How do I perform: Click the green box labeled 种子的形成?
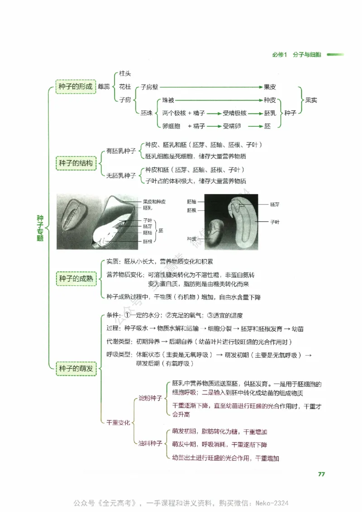(x=76, y=86)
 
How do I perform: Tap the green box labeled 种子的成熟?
(x=76, y=279)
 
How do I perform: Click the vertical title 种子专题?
(x=40, y=228)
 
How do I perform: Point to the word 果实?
(x=311, y=100)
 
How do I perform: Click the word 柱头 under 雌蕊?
(x=125, y=73)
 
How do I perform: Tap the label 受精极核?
(x=234, y=113)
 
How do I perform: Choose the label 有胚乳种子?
(x=121, y=151)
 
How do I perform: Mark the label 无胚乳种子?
(x=121, y=175)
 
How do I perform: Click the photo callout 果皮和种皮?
(x=154, y=201)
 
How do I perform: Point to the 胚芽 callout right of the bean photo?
(x=275, y=205)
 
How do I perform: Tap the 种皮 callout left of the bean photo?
(x=191, y=238)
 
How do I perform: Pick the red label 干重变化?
(x=118, y=422)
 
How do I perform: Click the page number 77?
(x=321, y=474)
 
